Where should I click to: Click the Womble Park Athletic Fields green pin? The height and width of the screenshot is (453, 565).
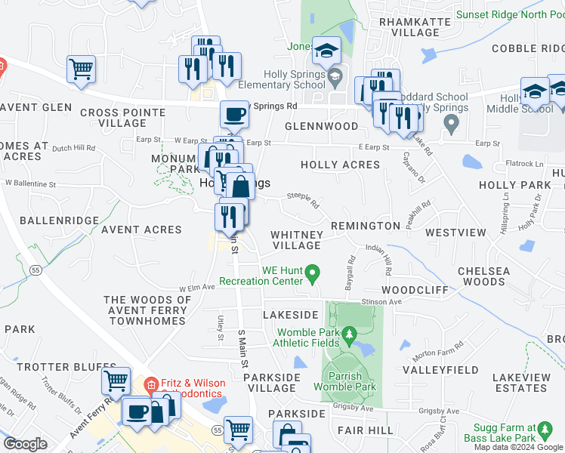(348, 333)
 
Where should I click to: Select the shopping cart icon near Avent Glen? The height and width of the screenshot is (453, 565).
(81, 69)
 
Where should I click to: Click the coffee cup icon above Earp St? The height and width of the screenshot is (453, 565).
(234, 115)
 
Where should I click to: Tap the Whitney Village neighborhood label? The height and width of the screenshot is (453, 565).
(297, 240)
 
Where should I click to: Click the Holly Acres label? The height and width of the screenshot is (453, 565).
(340, 165)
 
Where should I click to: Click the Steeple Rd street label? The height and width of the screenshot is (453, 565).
(303, 200)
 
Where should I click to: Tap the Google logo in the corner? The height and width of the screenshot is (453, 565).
(25, 444)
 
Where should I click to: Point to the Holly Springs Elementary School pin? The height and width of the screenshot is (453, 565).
(335, 75)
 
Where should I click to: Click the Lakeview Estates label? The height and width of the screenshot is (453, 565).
(521, 382)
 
